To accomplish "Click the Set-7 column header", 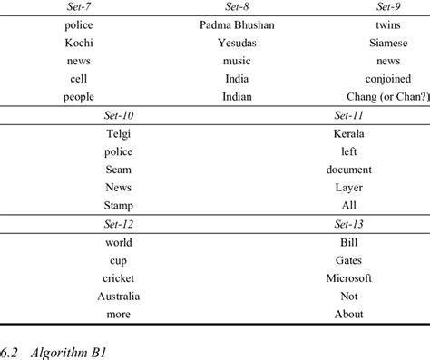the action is tap(79, 6).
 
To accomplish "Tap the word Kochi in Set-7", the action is tap(79, 43).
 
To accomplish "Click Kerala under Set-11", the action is tap(349, 133).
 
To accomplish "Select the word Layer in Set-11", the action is tap(349, 188).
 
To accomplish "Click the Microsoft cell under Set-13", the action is tap(349, 278).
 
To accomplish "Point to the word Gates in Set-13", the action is tap(349, 260).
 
